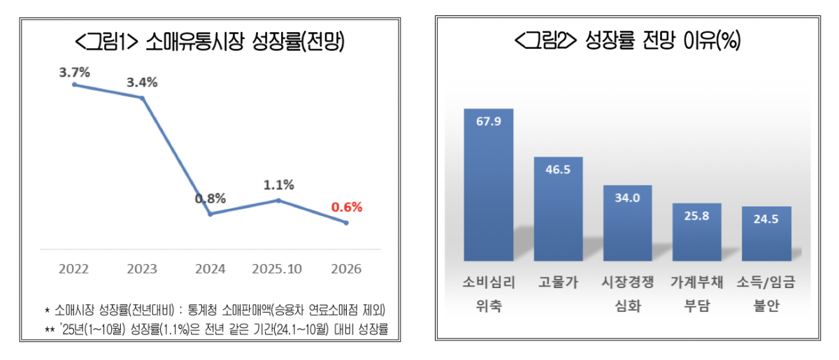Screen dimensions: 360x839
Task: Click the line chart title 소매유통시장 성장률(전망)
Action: (x=210, y=43)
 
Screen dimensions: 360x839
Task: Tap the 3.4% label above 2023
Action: (x=142, y=82)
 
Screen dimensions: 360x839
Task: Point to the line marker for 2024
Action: (x=210, y=214)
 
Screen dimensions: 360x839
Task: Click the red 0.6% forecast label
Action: (x=347, y=208)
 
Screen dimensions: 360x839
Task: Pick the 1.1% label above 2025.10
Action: (x=278, y=185)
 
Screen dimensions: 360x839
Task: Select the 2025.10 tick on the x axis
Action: (x=278, y=269)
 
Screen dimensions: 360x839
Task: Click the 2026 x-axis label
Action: (x=346, y=269)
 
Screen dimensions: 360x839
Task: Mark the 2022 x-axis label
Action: (x=73, y=269)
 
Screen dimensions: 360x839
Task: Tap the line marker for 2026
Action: (x=346, y=223)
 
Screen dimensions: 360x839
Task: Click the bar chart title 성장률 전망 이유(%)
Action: (x=627, y=42)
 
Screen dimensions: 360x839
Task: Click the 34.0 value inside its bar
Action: (x=627, y=198)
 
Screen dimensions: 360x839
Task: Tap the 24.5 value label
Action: (x=766, y=218)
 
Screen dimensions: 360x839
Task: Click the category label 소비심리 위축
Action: (x=489, y=294)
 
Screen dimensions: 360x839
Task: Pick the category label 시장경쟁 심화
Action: (x=627, y=294)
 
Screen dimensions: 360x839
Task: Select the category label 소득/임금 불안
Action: (x=766, y=294)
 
